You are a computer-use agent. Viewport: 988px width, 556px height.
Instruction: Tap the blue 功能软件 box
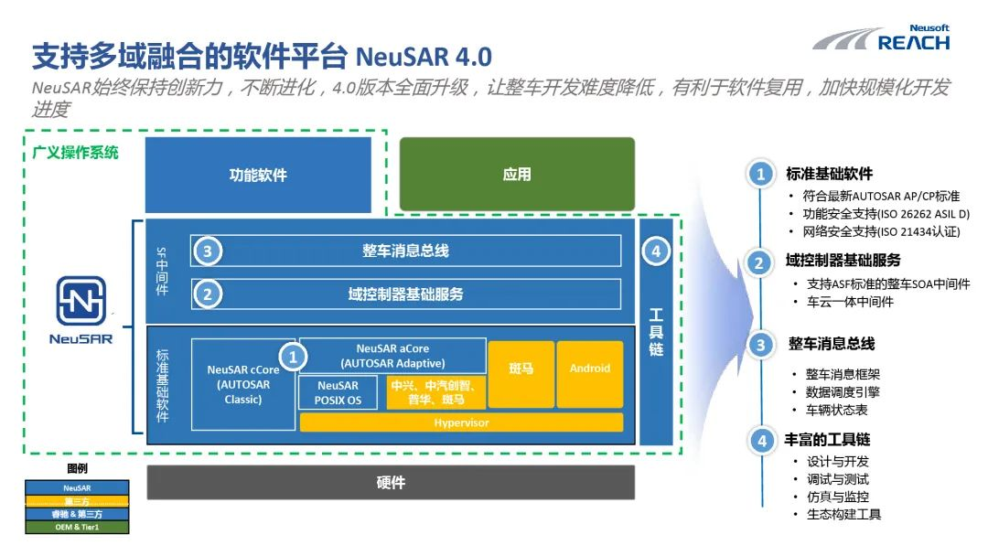(258, 175)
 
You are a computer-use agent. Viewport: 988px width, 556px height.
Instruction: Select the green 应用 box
(517, 175)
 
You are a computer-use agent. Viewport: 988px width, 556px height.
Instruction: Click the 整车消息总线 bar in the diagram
(405, 251)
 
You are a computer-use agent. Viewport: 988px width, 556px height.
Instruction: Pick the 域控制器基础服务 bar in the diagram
(405, 294)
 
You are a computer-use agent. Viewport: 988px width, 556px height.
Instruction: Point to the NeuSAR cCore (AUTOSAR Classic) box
(243, 384)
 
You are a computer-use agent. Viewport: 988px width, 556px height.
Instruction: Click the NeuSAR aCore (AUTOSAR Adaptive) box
(392, 356)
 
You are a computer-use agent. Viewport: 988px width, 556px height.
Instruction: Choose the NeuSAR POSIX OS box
(338, 393)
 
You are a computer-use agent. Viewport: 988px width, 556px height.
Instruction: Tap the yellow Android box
(590, 369)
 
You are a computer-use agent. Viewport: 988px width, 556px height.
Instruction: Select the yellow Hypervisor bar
(461, 422)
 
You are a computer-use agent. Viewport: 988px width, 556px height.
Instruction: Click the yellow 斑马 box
(521, 369)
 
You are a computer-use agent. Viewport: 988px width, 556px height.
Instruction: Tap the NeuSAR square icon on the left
(81, 302)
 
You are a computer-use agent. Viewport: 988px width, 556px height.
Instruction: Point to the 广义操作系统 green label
(75, 153)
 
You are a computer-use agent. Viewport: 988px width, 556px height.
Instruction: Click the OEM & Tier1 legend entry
(78, 527)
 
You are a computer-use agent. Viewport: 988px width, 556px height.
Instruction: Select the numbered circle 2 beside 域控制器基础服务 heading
(759, 263)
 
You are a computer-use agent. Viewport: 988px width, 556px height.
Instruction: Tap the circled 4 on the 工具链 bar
(656, 251)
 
